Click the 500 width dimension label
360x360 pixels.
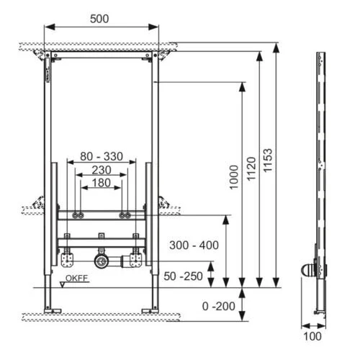point(99,19)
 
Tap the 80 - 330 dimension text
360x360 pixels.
point(102,156)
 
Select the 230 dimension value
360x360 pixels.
point(102,170)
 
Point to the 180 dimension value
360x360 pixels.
point(102,183)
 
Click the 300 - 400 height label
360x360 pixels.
point(194,245)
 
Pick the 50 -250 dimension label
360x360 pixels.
point(183,276)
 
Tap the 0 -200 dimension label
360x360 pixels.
point(218,306)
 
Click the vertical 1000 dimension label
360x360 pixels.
point(233,177)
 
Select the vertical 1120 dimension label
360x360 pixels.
point(251,168)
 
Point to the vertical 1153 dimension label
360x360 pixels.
point(268,161)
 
